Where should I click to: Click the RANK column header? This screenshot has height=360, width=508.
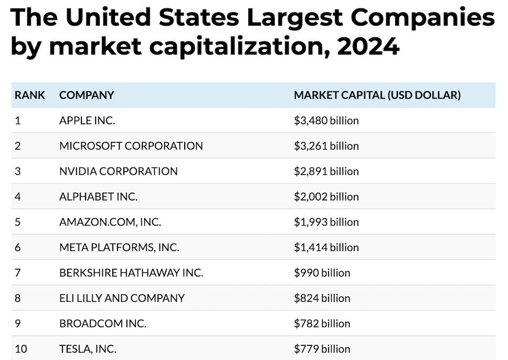point(30,95)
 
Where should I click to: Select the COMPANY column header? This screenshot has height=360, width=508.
point(87,95)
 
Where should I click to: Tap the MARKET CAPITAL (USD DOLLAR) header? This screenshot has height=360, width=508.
point(377,95)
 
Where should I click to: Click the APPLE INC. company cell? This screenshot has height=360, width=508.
point(87,121)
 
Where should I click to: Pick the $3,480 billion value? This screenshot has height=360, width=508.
point(326,121)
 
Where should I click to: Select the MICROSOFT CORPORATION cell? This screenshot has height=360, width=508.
point(131,146)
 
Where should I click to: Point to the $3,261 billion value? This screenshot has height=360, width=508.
point(326,146)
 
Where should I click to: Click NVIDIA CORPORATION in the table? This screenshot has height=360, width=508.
point(119,171)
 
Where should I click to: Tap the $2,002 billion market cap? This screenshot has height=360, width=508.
point(326,197)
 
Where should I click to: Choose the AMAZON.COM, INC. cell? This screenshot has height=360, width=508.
point(110,222)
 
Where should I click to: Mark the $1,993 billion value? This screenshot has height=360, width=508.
point(326,222)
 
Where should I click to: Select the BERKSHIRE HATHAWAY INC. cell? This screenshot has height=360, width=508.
point(131,273)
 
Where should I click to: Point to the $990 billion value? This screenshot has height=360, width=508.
point(322,273)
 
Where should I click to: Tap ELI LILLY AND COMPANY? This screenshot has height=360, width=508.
point(122,298)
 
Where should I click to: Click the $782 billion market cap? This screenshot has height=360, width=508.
point(322,323)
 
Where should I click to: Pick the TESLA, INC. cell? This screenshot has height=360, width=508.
point(88,349)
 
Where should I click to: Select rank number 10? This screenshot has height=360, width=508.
point(20,349)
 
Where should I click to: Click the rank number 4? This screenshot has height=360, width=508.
point(18,197)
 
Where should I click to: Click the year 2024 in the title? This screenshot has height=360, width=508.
point(369,47)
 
